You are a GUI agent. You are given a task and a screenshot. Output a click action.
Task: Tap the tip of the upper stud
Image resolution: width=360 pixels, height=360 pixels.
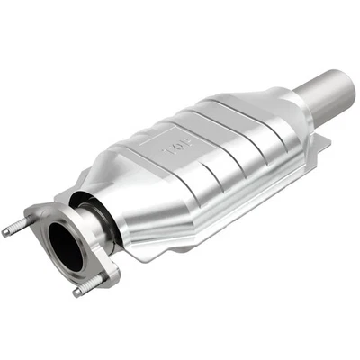6,233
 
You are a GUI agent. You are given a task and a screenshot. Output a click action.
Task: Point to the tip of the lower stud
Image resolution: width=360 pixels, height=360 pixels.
75,292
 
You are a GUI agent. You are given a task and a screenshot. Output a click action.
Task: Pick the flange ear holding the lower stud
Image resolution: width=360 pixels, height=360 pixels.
104,275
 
